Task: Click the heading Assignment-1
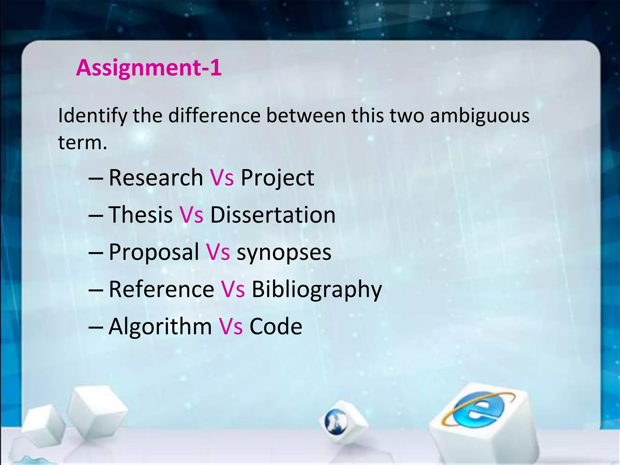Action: tap(149, 68)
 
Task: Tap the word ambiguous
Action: tap(480, 116)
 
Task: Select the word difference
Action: tap(214, 116)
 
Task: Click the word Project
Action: tap(277, 178)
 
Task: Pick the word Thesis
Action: tap(140, 215)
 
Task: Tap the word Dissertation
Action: tap(273, 215)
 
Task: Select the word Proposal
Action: tap(154, 252)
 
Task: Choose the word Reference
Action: tap(161, 289)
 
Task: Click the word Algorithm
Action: tap(160, 326)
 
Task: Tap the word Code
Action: tap(275, 326)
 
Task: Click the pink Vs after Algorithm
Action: tap(231, 326)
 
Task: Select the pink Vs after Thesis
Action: tap(191, 215)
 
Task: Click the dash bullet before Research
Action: tap(96, 178)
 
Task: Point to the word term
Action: tap(82, 142)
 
